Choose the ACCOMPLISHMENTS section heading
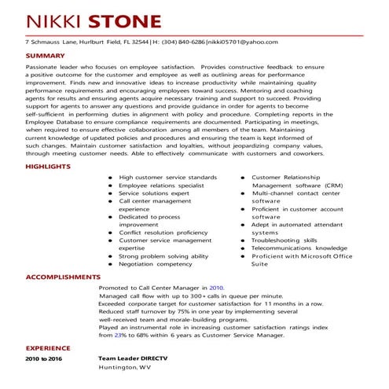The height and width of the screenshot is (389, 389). [63, 277]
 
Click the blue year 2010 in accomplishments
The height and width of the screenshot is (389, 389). [217, 288]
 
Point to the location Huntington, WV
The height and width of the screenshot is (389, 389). [124, 368]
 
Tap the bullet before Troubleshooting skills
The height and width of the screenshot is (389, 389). [243, 240]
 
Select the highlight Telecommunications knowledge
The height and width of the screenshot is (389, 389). [299, 248]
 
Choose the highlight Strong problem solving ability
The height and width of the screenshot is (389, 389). [163, 256]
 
